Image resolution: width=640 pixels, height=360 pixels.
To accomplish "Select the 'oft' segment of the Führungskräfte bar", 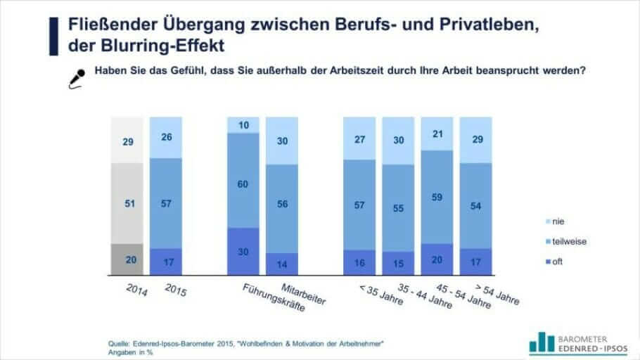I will pos(243,250).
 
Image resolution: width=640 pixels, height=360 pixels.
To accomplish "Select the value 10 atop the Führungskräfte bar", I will pos(243,125).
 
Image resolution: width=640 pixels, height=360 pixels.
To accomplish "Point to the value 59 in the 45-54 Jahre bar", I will pos(436,197).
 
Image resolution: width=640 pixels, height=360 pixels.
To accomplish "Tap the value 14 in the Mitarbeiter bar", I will pos(281,263).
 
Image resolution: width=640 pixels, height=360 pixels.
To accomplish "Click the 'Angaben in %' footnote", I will pos(130,352).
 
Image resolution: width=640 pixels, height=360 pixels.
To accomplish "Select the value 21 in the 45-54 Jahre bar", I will pos(436,134).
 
